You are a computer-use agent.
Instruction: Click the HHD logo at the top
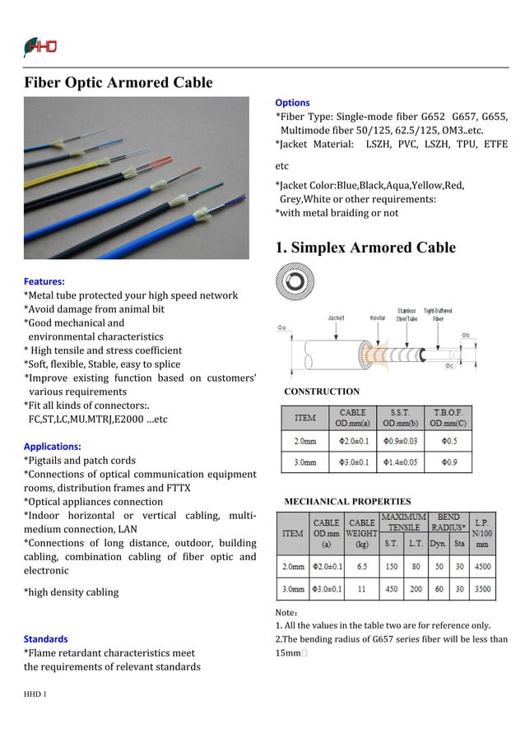pyautogui.click(x=40, y=47)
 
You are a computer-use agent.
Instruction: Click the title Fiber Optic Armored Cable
pyautogui.click(x=118, y=83)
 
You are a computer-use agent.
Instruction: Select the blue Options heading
pyautogui.click(x=292, y=103)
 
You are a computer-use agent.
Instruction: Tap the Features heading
pyautogui.click(x=44, y=281)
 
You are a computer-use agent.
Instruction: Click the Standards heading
pyautogui.click(x=46, y=638)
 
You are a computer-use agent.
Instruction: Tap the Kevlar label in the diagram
pyautogui.click(x=377, y=318)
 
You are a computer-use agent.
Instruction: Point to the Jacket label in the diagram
pyautogui.click(x=336, y=318)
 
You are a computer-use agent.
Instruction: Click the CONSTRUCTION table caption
pyautogui.click(x=322, y=392)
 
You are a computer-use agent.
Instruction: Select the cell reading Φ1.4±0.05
pyautogui.click(x=400, y=463)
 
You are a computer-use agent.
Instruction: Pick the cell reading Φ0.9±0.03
pyautogui.click(x=400, y=441)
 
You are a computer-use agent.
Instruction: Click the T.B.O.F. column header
pyautogui.click(x=448, y=417)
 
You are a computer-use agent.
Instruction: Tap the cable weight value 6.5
pyautogui.click(x=361, y=567)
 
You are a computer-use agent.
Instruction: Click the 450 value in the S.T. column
pyautogui.click(x=392, y=590)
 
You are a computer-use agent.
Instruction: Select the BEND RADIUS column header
pyautogui.click(x=448, y=522)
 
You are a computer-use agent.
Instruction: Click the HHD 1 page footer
pyautogui.click(x=35, y=694)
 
